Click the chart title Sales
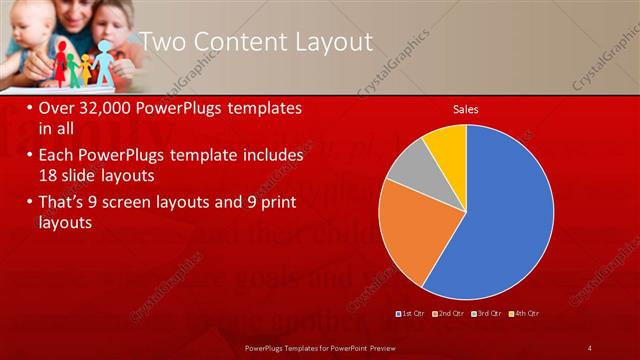click(465, 108)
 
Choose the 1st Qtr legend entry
click(413, 314)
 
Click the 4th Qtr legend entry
click(526, 314)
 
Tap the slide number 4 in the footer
click(590, 348)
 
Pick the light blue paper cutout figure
click(105, 59)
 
